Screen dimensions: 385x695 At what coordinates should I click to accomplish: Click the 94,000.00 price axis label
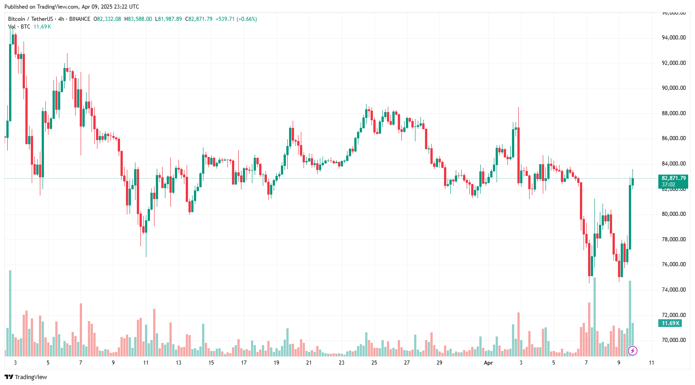point(674,38)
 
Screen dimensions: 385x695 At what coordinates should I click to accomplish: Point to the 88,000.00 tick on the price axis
point(674,113)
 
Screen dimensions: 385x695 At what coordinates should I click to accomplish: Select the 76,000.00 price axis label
point(674,264)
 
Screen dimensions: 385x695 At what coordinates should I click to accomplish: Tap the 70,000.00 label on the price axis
point(674,340)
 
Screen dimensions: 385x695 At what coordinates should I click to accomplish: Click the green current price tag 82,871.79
point(673,179)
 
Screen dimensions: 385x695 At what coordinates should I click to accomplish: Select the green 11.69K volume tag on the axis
point(670,323)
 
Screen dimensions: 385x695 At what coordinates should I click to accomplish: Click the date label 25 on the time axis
point(374,363)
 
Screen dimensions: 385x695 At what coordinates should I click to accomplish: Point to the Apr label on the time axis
point(488,363)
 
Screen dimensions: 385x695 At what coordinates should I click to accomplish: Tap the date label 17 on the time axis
point(244,363)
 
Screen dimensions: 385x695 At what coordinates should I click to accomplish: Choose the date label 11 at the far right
point(652,363)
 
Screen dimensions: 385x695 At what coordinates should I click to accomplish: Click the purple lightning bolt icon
point(633,351)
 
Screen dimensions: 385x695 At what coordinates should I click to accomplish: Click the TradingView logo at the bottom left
point(26,377)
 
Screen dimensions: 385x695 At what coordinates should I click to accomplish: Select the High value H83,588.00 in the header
point(138,19)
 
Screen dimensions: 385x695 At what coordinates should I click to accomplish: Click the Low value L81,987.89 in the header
point(169,19)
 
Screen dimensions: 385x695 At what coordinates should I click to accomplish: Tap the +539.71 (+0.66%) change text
point(236,19)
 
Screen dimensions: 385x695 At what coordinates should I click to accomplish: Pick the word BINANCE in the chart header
point(80,19)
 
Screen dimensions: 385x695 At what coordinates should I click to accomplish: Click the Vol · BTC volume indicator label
point(19,27)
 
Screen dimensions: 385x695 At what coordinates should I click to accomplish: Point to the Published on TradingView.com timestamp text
point(72,7)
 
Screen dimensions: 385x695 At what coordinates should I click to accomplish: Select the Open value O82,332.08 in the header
point(107,19)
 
